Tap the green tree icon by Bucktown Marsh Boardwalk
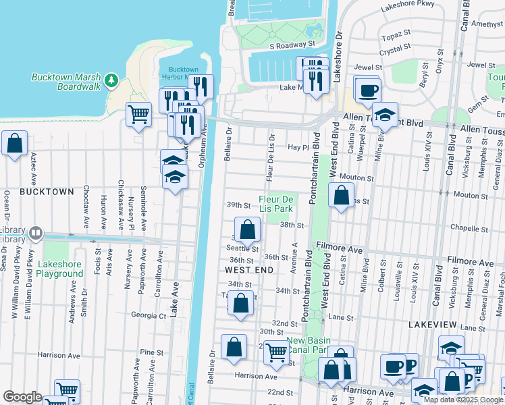click(x=111, y=82)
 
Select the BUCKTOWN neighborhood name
click(x=47, y=192)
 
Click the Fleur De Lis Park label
click(x=277, y=203)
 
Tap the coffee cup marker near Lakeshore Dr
click(x=367, y=90)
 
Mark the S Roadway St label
click(x=292, y=45)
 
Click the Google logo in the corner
click(x=22, y=396)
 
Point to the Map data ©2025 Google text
click(x=462, y=400)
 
